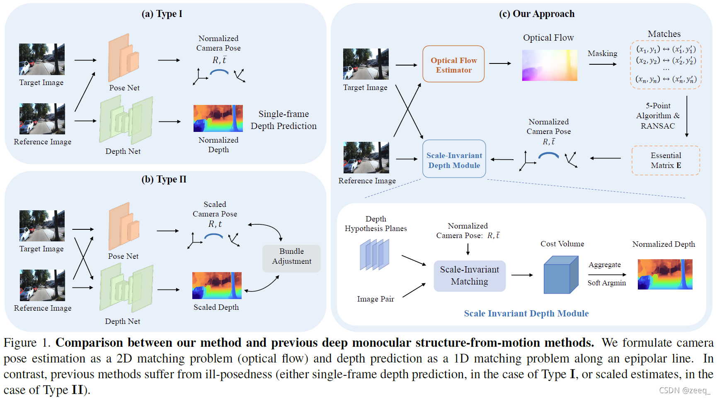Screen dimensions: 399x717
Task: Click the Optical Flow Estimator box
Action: pos(453,64)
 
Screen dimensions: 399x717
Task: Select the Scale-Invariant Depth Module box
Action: pos(454,159)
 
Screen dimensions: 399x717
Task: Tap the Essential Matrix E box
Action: pos(666,160)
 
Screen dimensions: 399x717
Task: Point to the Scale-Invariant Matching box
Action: pos(470,276)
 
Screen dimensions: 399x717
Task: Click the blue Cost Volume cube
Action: pos(560,275)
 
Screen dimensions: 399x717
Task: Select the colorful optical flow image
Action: pos(549,65)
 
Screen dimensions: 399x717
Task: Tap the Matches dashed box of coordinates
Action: pos(666,65)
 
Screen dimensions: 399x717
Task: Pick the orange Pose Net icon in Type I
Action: pos(123,58)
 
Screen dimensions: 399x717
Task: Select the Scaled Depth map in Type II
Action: pos(217,285)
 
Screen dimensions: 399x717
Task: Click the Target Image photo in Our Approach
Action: pos(366,64)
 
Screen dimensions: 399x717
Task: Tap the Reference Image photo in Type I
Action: pos(42,119)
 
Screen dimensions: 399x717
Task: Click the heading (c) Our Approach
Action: pos(536,14)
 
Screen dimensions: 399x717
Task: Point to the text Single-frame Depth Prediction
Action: pos(283,120)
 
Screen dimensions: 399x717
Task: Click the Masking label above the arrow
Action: pos(602,54)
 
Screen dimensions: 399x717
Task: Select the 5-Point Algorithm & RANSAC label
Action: pos(658,116)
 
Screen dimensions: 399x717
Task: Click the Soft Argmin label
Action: pos(606,283)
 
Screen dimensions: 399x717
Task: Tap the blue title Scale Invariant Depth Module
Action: pos(526,314)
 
